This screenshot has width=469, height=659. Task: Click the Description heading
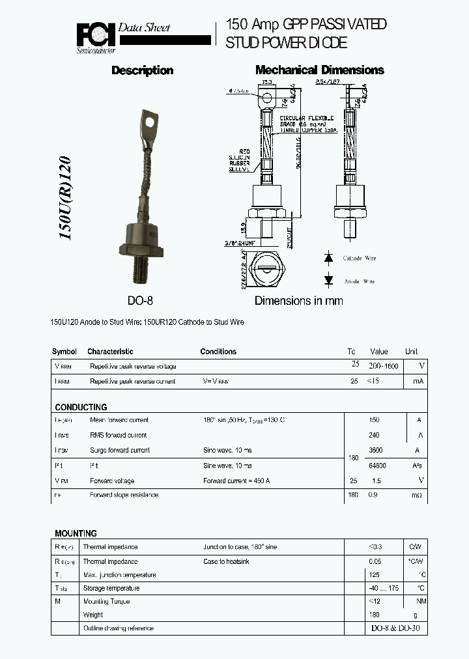[142, 70]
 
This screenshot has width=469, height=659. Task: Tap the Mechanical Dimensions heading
[319, 70]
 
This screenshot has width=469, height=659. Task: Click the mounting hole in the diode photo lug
[150, 120]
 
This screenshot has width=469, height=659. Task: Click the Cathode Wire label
[360, 259]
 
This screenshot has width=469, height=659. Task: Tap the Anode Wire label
[359, 281]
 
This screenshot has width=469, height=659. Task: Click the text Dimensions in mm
[298, 301]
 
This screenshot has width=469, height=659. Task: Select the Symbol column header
[64, 352]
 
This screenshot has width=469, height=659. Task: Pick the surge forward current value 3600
[377, 450]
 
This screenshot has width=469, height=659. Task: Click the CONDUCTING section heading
[81, 407]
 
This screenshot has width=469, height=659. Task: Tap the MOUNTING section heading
[76, 533]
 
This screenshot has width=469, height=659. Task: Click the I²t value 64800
[378, 466]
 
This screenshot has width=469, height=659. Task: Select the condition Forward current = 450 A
[236, 481]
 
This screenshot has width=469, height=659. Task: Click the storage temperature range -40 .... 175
[384, 589]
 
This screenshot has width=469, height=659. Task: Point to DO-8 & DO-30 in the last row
[395, 628]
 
